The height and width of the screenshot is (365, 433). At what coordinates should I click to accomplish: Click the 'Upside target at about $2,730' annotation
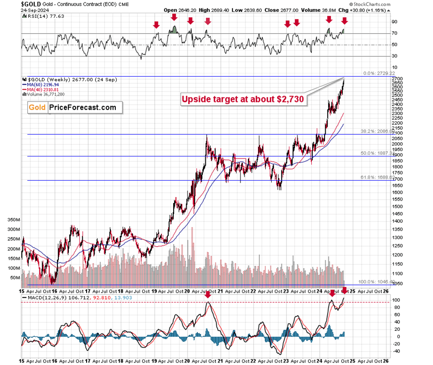click(x=242, y=99)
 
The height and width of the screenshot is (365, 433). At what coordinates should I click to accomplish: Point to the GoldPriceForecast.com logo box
click(x=72, y=107)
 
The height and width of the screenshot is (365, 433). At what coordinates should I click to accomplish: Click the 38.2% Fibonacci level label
click(x=381, y=131)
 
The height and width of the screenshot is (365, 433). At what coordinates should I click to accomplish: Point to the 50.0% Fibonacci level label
click(x=381, y=154)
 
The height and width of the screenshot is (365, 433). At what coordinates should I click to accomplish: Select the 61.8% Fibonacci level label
click(x=381, y=177)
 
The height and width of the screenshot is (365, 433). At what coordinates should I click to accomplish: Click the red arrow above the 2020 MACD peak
click(x=208, y=294)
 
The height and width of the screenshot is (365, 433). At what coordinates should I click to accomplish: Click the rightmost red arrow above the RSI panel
click(x=344, y=20)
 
